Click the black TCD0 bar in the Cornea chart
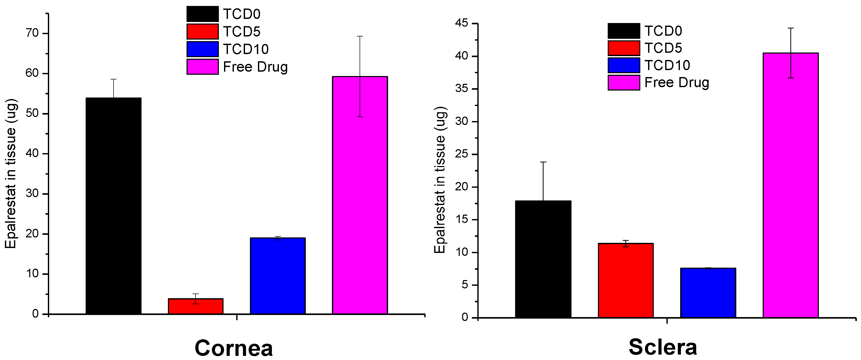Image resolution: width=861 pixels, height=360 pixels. (x=113, y=206)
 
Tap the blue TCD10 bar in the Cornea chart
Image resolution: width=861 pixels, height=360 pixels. (x=278, y=276)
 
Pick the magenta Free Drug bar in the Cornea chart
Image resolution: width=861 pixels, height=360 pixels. (x=360, y=195)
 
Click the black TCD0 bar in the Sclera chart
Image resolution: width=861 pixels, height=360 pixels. (x=543, y=259)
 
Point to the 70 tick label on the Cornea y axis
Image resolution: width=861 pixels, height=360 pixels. (x=32, y=33)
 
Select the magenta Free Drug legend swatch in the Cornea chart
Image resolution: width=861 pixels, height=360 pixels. (x=203, y=66)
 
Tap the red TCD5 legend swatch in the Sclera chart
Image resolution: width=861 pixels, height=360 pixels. (x=624, y=48)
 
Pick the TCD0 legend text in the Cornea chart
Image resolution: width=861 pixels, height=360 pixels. (x=242, y=14)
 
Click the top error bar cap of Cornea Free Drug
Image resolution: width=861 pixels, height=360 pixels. (x=360, y=36)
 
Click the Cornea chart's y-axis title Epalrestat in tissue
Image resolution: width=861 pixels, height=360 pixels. (x=11, y=174)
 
